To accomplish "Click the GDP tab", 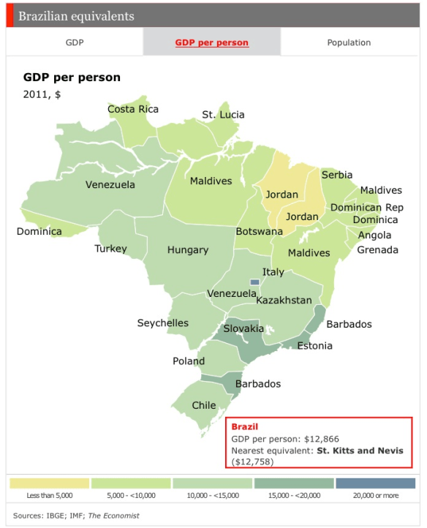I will pos(75,42).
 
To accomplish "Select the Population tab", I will pos(349,42).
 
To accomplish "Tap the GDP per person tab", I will pos(211,42).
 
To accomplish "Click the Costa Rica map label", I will pos(133,110).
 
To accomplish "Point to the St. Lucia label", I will pos(223,115).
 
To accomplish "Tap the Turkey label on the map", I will pos(110,249).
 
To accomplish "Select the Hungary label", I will pos(188,250).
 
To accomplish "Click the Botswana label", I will pos(259,232).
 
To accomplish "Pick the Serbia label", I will pos(336,175).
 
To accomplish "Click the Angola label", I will pos(374,235).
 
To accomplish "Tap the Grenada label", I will pos(377,250).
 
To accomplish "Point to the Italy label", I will pos(273,272).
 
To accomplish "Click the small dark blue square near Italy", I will pos(254,282).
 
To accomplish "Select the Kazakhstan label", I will pos(284,301).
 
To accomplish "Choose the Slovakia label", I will pos(243,328).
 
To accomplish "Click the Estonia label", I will pos(314,346).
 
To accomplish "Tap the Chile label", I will pos(204,405).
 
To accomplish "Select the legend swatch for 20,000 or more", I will pos(375,483).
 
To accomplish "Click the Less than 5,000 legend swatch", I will pos(50,483).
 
